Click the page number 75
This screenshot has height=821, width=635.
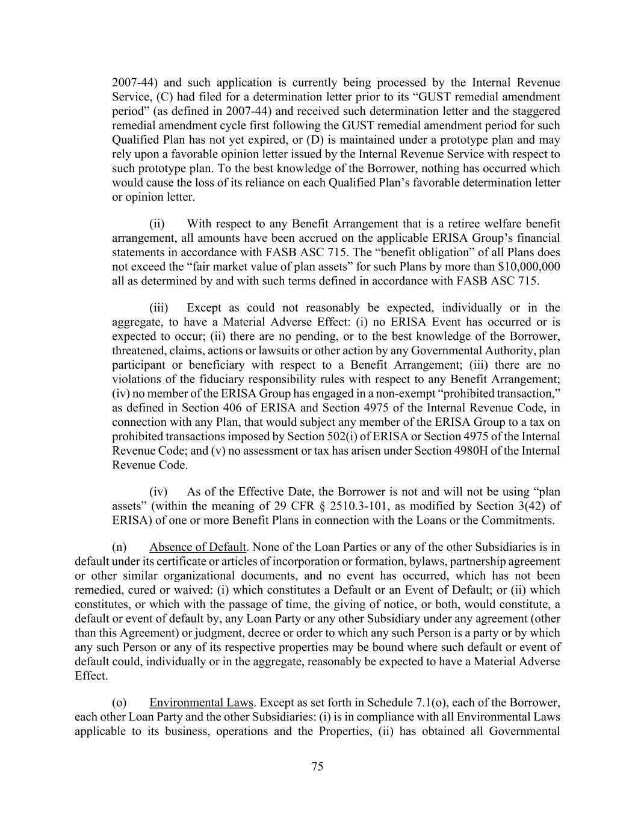(317, 766)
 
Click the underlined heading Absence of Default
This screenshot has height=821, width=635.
(198, 547)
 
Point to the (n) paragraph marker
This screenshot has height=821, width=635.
(119, 547)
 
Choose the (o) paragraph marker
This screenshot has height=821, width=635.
(119, 703)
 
